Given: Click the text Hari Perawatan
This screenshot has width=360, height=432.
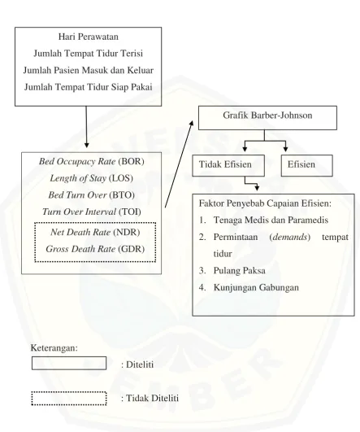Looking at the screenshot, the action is click(x=88, y=37).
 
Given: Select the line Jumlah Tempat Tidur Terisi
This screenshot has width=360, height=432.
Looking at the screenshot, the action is click(x=88, y=53).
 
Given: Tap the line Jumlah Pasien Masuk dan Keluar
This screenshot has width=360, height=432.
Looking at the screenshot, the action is click(x=88, y=70).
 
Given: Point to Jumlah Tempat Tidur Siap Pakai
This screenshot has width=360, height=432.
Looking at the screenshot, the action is click(x=88, y=87).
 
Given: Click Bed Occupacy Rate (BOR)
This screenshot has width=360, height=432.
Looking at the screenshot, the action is click(x=91, y=161).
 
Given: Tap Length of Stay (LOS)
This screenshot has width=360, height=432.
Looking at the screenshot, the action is click(x=91, y=178).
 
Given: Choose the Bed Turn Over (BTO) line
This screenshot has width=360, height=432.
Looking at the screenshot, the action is click(x=91, y=195).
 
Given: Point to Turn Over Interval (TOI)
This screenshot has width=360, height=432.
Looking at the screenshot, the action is click(x=91, y=212).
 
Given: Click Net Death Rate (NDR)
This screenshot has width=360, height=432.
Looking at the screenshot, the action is click(x=95, y=232).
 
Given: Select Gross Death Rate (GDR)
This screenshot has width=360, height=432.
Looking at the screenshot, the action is click(x=95, y=249).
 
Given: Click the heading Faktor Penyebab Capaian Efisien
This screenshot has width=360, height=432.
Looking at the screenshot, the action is click(x=265, y=203).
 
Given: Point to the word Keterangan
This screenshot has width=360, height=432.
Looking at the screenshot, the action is click(x=54, y=348).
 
